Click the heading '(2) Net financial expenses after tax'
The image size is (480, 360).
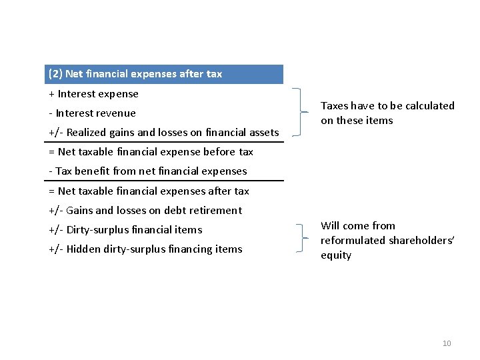coord(135,74)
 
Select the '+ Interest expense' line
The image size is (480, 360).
coord(94,94)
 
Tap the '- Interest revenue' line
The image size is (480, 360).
coord(93,113)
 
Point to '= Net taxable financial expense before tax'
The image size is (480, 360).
coord(151,152)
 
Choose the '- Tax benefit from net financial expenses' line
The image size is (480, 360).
coord(148,171)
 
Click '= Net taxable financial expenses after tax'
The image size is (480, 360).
coord(149,191)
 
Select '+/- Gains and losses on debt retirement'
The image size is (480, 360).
coord(145,211)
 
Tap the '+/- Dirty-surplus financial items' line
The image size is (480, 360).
coord(125,230)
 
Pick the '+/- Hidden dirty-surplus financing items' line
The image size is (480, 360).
coord(145,249)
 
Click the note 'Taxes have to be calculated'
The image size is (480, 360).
coord(387,105)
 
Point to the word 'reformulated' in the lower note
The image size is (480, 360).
coord(351,241)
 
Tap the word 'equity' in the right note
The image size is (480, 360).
coord(336,255)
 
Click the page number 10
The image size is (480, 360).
coord(447,343)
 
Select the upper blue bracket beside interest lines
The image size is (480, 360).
coord(303,111)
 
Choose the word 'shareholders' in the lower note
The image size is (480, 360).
coord(419,241)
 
